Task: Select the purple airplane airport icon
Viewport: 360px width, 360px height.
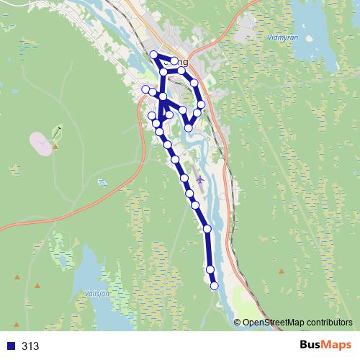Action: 199,179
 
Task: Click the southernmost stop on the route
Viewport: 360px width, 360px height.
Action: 214,287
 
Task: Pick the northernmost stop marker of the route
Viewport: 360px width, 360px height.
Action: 153,55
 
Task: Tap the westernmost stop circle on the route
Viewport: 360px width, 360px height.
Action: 145,89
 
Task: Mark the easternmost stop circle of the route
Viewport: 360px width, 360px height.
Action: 201,104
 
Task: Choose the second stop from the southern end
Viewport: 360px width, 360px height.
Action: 210,269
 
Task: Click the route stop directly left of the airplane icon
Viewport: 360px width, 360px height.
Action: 184,178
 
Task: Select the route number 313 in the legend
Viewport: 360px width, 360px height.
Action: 30,346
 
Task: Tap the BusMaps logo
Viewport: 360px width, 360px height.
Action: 326,346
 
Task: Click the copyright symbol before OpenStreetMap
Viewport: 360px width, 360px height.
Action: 237,323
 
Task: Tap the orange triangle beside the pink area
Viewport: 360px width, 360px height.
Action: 55,147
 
